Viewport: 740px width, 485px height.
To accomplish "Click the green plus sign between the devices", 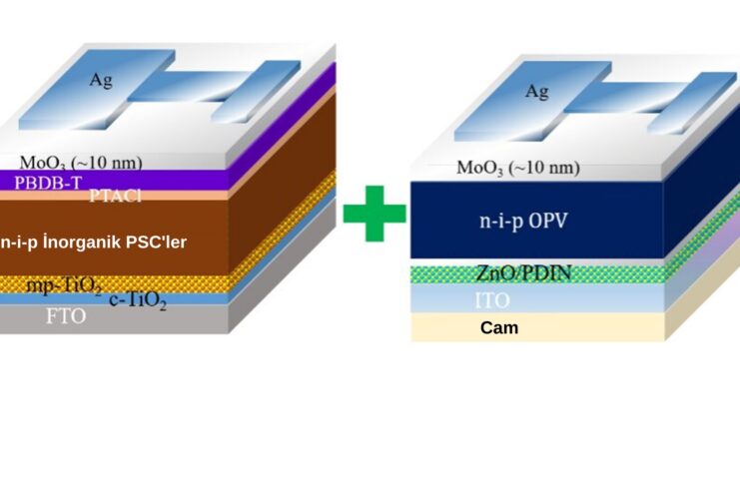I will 374,212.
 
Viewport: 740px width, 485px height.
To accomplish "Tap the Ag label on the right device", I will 537,92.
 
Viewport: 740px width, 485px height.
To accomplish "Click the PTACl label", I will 116,196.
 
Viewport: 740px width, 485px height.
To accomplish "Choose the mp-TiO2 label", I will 64,286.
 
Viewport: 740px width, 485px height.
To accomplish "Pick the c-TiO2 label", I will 138,297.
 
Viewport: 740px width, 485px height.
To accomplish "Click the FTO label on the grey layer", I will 66,316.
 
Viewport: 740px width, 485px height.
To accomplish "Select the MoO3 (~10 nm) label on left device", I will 81,162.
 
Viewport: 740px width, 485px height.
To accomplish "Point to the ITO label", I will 492,299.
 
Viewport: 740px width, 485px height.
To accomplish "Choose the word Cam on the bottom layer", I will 499,327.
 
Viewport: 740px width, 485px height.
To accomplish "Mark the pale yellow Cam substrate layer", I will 599,327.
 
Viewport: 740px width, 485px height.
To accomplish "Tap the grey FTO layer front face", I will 150,318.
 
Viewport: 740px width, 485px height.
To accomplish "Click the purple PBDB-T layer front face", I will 150,181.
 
